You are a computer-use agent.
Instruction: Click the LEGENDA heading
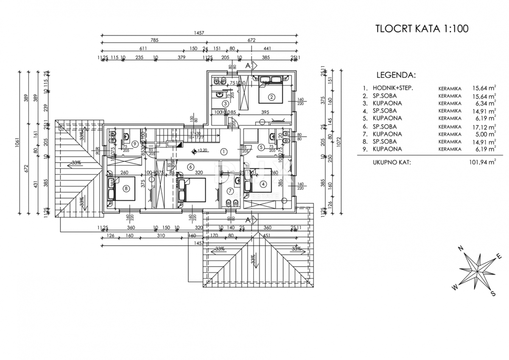click(x=396, y=75)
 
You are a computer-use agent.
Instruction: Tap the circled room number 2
click(x=272, y=97)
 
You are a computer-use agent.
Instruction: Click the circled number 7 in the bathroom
click(x=230, y=190)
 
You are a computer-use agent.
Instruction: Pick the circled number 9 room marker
click(x=134, y=143)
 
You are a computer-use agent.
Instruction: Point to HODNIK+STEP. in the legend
click(x=393, y=88)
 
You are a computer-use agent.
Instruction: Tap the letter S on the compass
click(x=493, y=293)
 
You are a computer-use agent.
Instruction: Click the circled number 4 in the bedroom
click(x=263, y=184)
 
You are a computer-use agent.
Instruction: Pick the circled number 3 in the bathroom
click(x=225, y=103)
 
